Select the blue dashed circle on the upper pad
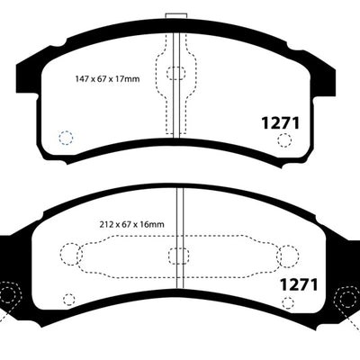pyautogui.click(x=64, y=138)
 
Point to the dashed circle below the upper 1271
pyautogui.click(x=284, y=139)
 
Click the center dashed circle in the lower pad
pyautogui.click(x=176, y=255)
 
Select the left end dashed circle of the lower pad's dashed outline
pyautogui.click(x=69, y=255)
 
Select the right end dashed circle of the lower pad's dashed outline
pyautogui.click(x=286, y=256)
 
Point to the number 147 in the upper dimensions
pyautogui.click(x=82, y=78)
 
